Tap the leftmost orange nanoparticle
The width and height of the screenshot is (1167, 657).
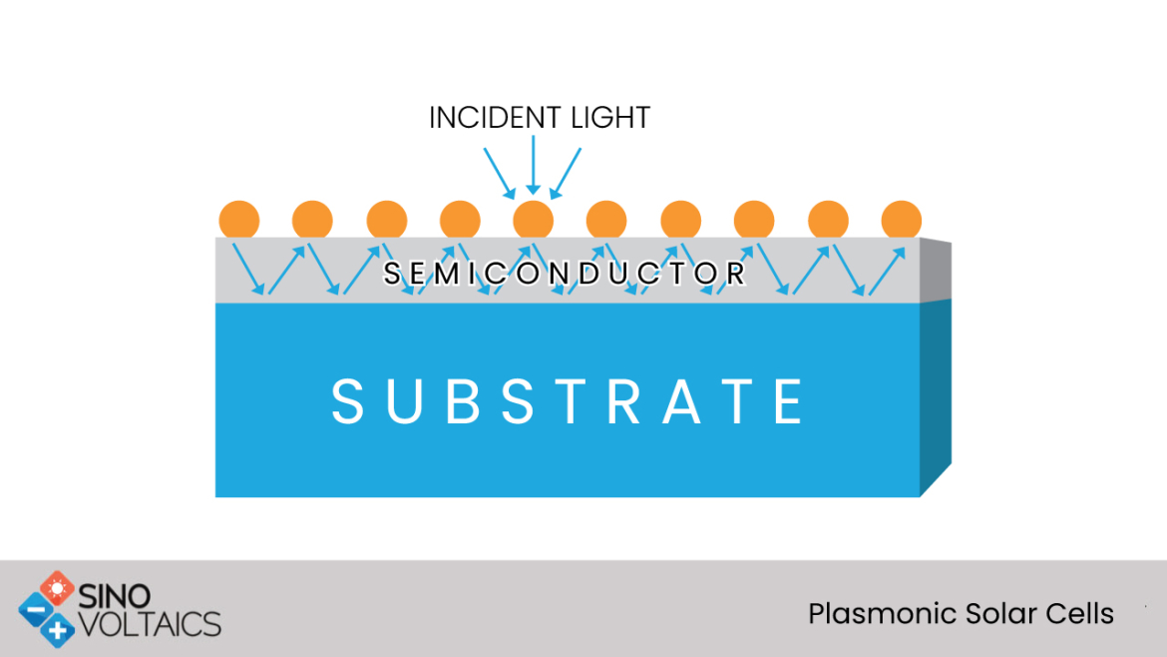click(239, 220)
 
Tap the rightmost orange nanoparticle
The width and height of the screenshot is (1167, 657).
click(902, 220)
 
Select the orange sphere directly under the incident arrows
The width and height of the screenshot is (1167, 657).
click(533, 220)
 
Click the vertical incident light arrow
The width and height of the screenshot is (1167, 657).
click(533, 165)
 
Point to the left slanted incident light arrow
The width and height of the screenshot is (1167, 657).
click(500, 174)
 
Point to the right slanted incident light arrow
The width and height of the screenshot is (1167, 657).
click(566, 174)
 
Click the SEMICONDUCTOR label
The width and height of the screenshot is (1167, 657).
click(565, 274)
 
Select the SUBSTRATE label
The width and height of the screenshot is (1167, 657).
click(568, 401)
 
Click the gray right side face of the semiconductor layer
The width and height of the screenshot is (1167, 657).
click(936, 271)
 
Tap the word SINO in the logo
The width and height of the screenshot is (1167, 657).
click(115, 596)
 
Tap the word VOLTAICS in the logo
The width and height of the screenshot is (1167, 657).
click(150, 624)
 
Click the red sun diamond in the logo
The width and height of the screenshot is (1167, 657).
click(57, 588)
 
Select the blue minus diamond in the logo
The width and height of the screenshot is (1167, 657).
click(36, 610)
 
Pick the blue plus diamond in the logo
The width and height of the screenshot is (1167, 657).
click(57, 630)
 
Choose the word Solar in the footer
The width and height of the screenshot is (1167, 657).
click(1000, 614)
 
